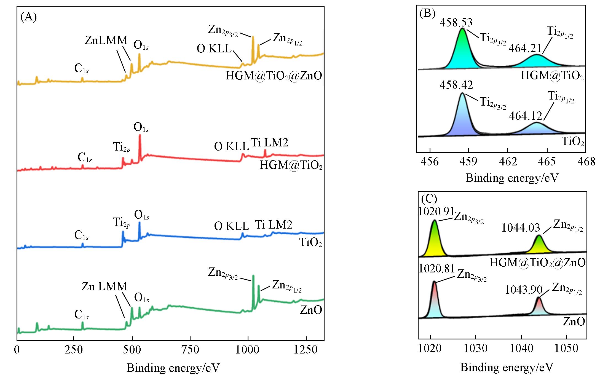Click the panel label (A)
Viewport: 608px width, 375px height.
pos(29,17)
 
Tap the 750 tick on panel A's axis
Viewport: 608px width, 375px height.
pos(190,350)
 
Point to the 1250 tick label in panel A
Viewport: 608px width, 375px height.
pos(306,350)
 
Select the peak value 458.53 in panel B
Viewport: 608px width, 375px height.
pos(456,22)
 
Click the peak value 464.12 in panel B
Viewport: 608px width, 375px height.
pos(526,116)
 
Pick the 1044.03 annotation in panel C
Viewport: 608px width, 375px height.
pos(521,228)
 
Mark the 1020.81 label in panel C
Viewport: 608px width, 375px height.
pos(436,268)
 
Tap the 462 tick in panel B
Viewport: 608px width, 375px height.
pos(508,161)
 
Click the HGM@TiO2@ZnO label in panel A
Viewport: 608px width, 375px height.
pos(274,76)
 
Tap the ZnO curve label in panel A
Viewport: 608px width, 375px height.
pos(311,310)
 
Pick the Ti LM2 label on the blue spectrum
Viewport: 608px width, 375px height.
pos(273,225)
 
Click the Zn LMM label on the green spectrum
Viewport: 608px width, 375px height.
pos(104,286)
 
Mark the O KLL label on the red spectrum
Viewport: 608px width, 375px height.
pos(231,146)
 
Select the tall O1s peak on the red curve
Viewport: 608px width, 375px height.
pos(140,146)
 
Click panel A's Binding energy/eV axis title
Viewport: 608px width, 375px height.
pos(173,368)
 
